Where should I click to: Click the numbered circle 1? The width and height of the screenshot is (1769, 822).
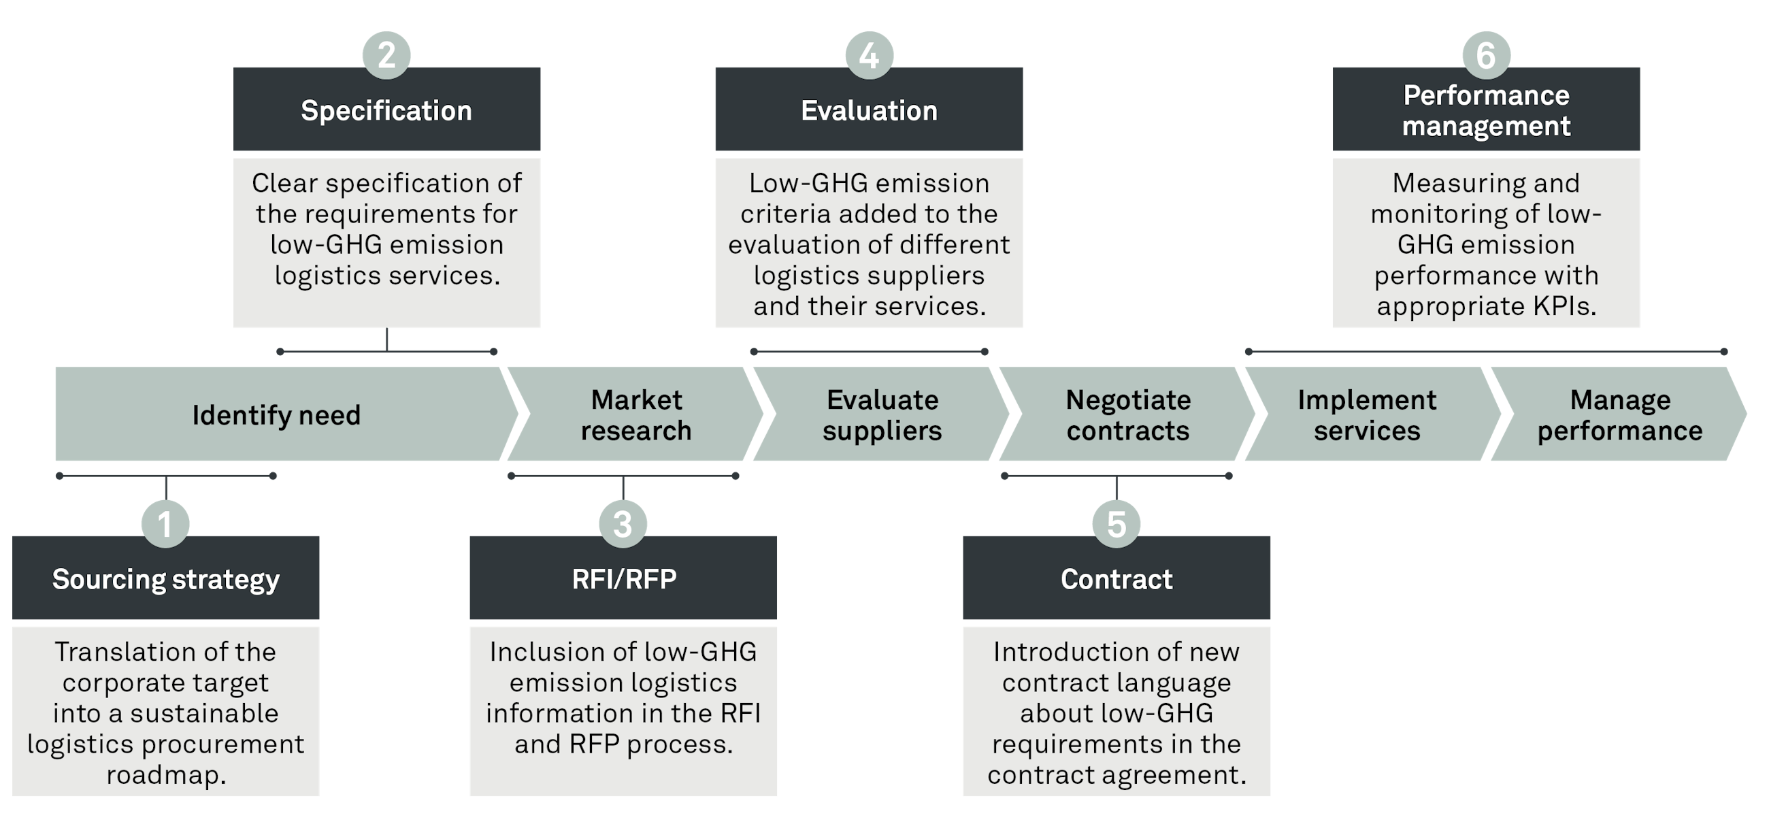(165, 524)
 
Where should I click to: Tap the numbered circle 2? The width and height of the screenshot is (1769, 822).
(386, 55)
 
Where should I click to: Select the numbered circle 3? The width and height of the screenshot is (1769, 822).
(623, 524)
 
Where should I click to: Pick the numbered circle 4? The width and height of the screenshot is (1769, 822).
(870, 55)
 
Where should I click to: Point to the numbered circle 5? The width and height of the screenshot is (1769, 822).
(1117, 524)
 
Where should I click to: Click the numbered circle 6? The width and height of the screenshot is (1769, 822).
(1486, 55)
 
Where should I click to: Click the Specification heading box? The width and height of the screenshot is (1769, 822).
(386, 110)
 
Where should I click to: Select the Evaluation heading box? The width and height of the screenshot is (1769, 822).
(870, 110)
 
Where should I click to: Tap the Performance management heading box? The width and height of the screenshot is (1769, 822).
(1486, 110)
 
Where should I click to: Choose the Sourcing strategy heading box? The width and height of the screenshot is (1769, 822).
(165, 579)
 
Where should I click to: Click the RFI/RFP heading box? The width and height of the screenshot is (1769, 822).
(623, 579)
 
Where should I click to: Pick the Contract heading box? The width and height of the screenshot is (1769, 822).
(1117, 579)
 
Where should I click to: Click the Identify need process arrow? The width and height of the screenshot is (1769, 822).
(276, 415)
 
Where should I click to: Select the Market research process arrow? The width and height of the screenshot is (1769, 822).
(636, 415)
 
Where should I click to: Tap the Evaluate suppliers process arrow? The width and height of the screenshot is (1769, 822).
(882, 415)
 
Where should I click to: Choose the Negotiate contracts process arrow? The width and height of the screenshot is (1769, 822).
(1128, 415)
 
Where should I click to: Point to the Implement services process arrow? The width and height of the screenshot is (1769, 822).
(1367, 415)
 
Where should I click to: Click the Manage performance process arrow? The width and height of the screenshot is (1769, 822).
(1619, 415)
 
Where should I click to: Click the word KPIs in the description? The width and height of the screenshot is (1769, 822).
(1564, 306)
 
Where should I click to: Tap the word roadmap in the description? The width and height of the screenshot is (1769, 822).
(165, 775)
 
